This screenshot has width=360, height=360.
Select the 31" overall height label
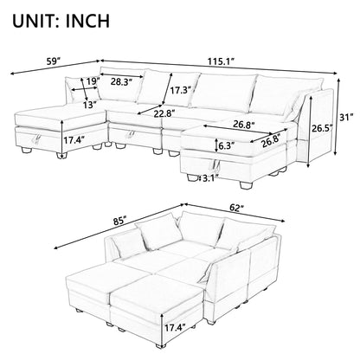345,118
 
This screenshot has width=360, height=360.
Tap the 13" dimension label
89,106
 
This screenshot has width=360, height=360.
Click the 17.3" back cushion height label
181,88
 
